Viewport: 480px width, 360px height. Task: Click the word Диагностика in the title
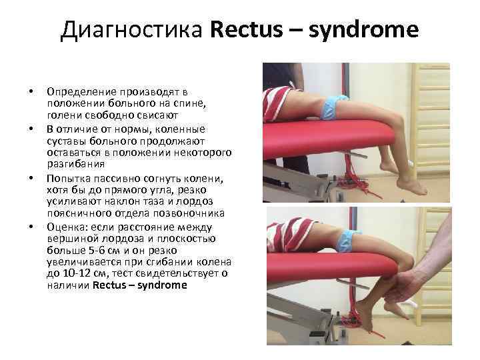coord(133,30)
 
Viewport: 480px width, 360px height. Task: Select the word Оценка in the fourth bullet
coord(65,227)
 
